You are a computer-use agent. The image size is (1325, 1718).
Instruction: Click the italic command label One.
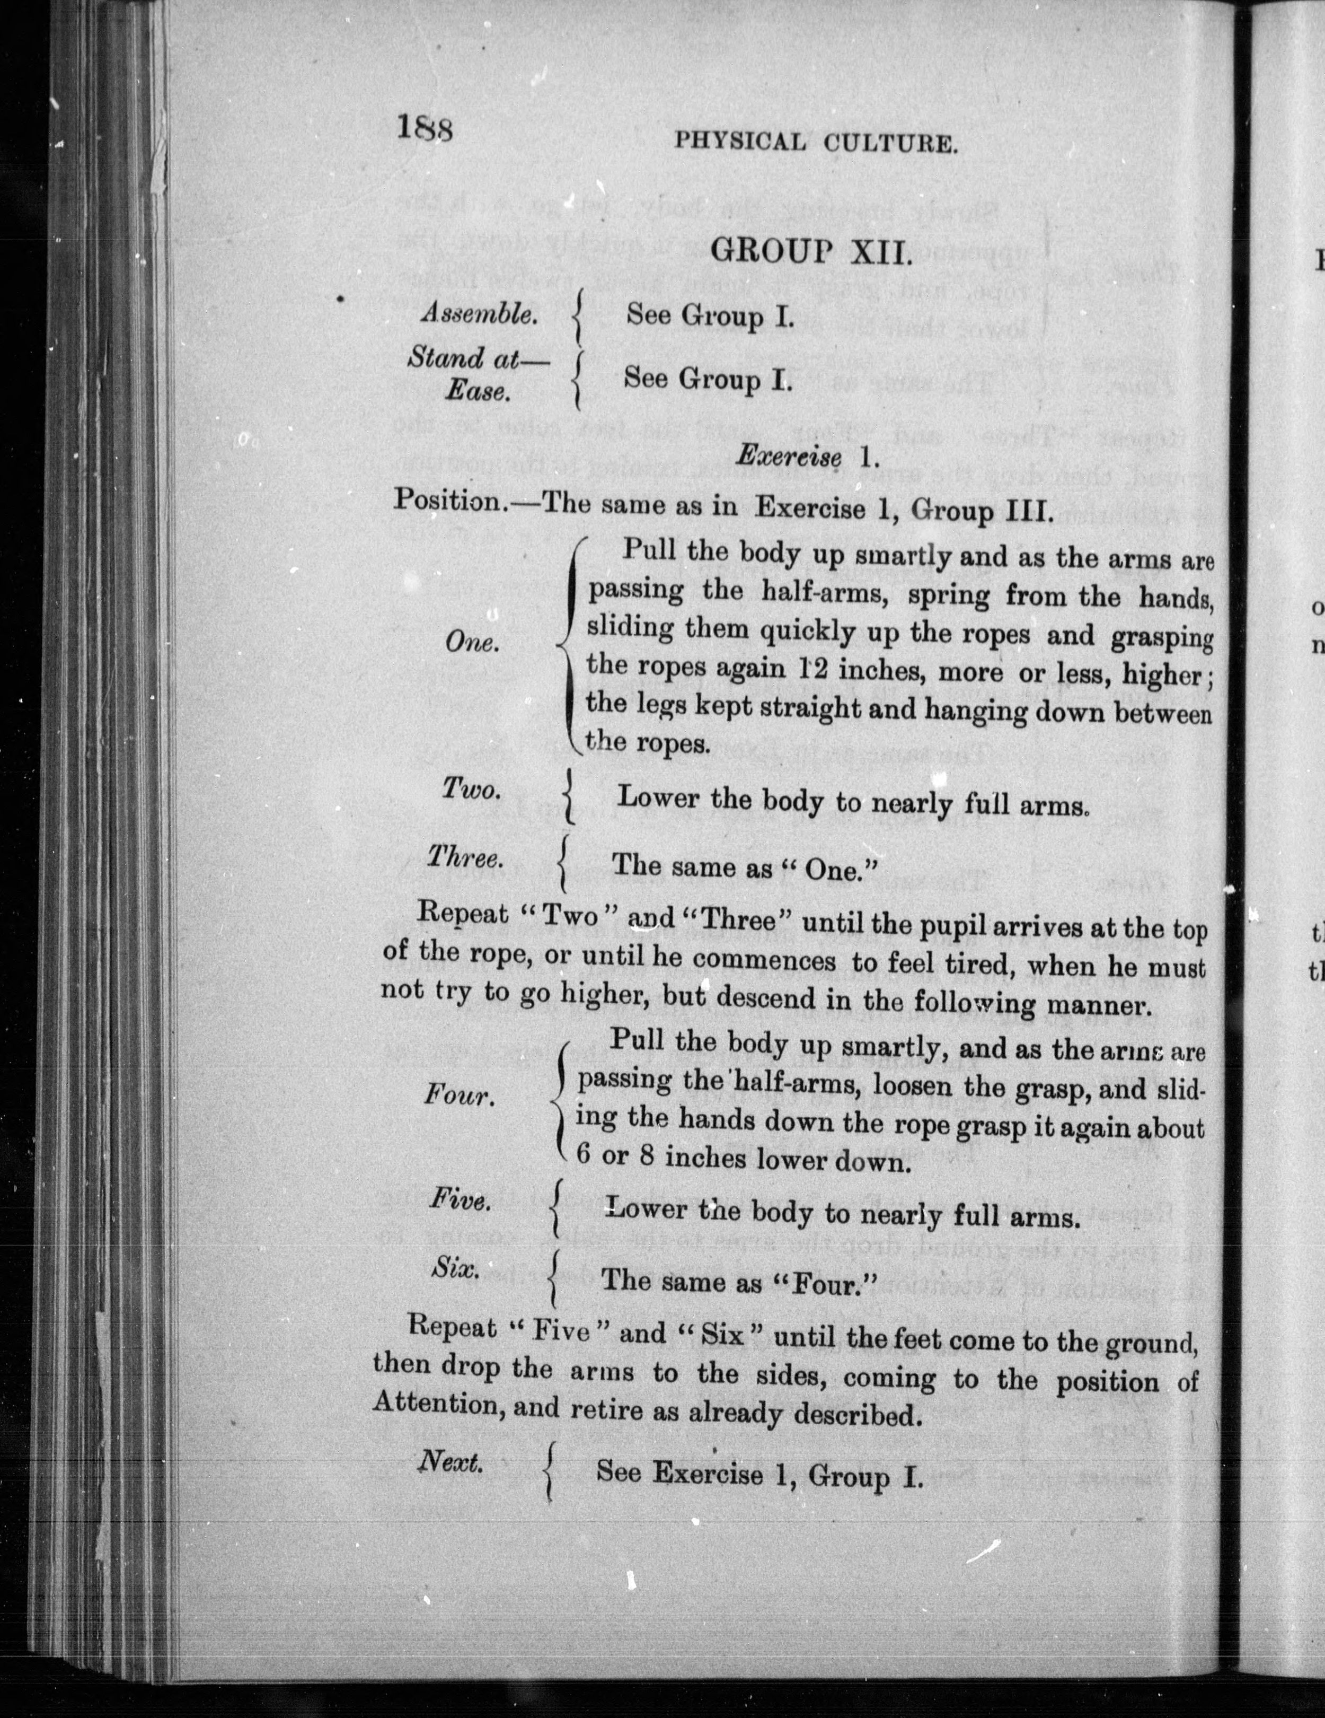[471, 643]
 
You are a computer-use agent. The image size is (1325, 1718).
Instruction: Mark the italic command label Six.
[456, 1267]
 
